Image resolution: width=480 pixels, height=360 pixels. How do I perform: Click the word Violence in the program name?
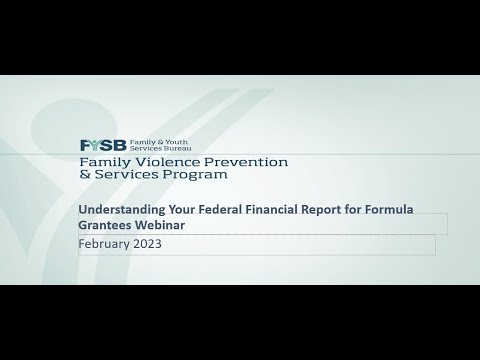(161, 160)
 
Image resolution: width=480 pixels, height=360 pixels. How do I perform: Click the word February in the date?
(105, 244)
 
